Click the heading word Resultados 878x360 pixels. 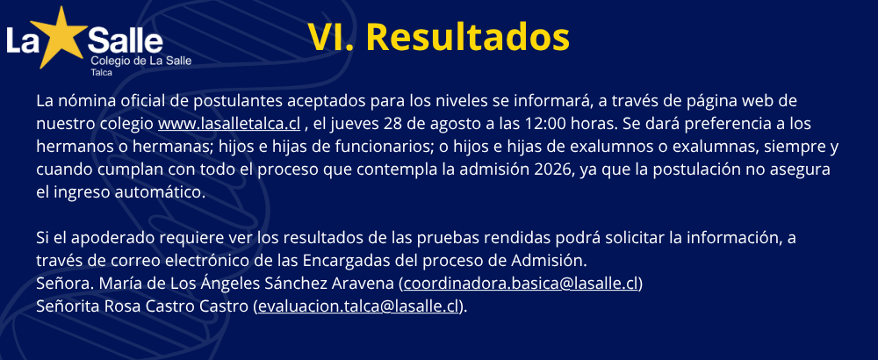click(x=468, y=38)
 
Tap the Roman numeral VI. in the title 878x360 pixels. click(x=330, y=38)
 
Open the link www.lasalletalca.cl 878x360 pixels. click(x=229, y=124)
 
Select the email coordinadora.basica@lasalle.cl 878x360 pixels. click(x=521, y=284)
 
